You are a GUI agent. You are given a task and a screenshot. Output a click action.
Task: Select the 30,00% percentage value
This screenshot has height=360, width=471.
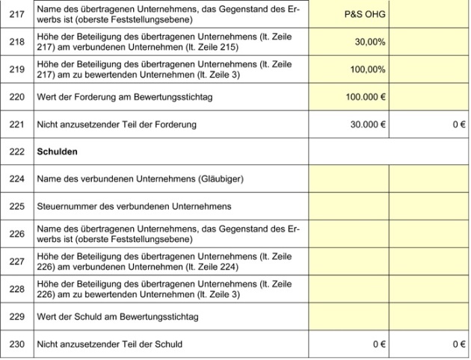[370, 42]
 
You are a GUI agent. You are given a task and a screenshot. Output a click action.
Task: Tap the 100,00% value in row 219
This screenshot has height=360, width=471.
[368, 69]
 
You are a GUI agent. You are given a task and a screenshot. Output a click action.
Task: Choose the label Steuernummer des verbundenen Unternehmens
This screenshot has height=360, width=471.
[135, 206]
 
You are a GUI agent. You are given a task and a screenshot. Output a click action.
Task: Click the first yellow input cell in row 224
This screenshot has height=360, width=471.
[348, 179]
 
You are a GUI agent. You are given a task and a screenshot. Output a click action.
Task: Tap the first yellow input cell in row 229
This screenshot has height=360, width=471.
[348, 317]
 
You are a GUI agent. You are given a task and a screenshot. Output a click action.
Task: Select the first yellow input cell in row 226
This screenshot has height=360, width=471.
[348, 234]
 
